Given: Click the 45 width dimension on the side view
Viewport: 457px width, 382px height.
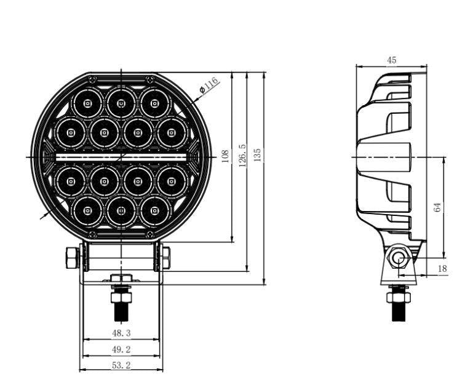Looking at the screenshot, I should (391, 60).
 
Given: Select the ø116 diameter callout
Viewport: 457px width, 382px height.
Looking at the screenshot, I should (209, 84).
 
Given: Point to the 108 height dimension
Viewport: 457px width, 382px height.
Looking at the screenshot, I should (225, 156).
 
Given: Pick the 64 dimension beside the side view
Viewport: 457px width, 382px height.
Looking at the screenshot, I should (437, 207).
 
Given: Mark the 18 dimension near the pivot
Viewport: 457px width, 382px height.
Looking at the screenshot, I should (442, 268).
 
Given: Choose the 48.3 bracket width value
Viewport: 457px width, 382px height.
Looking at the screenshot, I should (121, 333).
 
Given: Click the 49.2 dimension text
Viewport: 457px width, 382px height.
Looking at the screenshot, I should (121, 349).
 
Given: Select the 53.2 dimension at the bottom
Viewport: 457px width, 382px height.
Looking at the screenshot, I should (121, 365).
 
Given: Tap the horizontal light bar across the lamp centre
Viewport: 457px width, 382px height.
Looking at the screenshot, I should (121, 157).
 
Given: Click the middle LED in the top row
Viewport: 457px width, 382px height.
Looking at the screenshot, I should (121, 102).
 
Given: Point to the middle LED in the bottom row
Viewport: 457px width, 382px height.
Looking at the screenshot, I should (121, 211).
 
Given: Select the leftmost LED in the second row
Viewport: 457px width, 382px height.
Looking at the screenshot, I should (71, 132).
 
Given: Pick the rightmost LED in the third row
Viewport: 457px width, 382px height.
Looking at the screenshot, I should (171, 182).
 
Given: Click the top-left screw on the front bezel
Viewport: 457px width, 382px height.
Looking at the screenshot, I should (92, 80).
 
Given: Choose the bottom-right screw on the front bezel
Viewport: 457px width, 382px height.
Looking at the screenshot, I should (149, 234).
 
